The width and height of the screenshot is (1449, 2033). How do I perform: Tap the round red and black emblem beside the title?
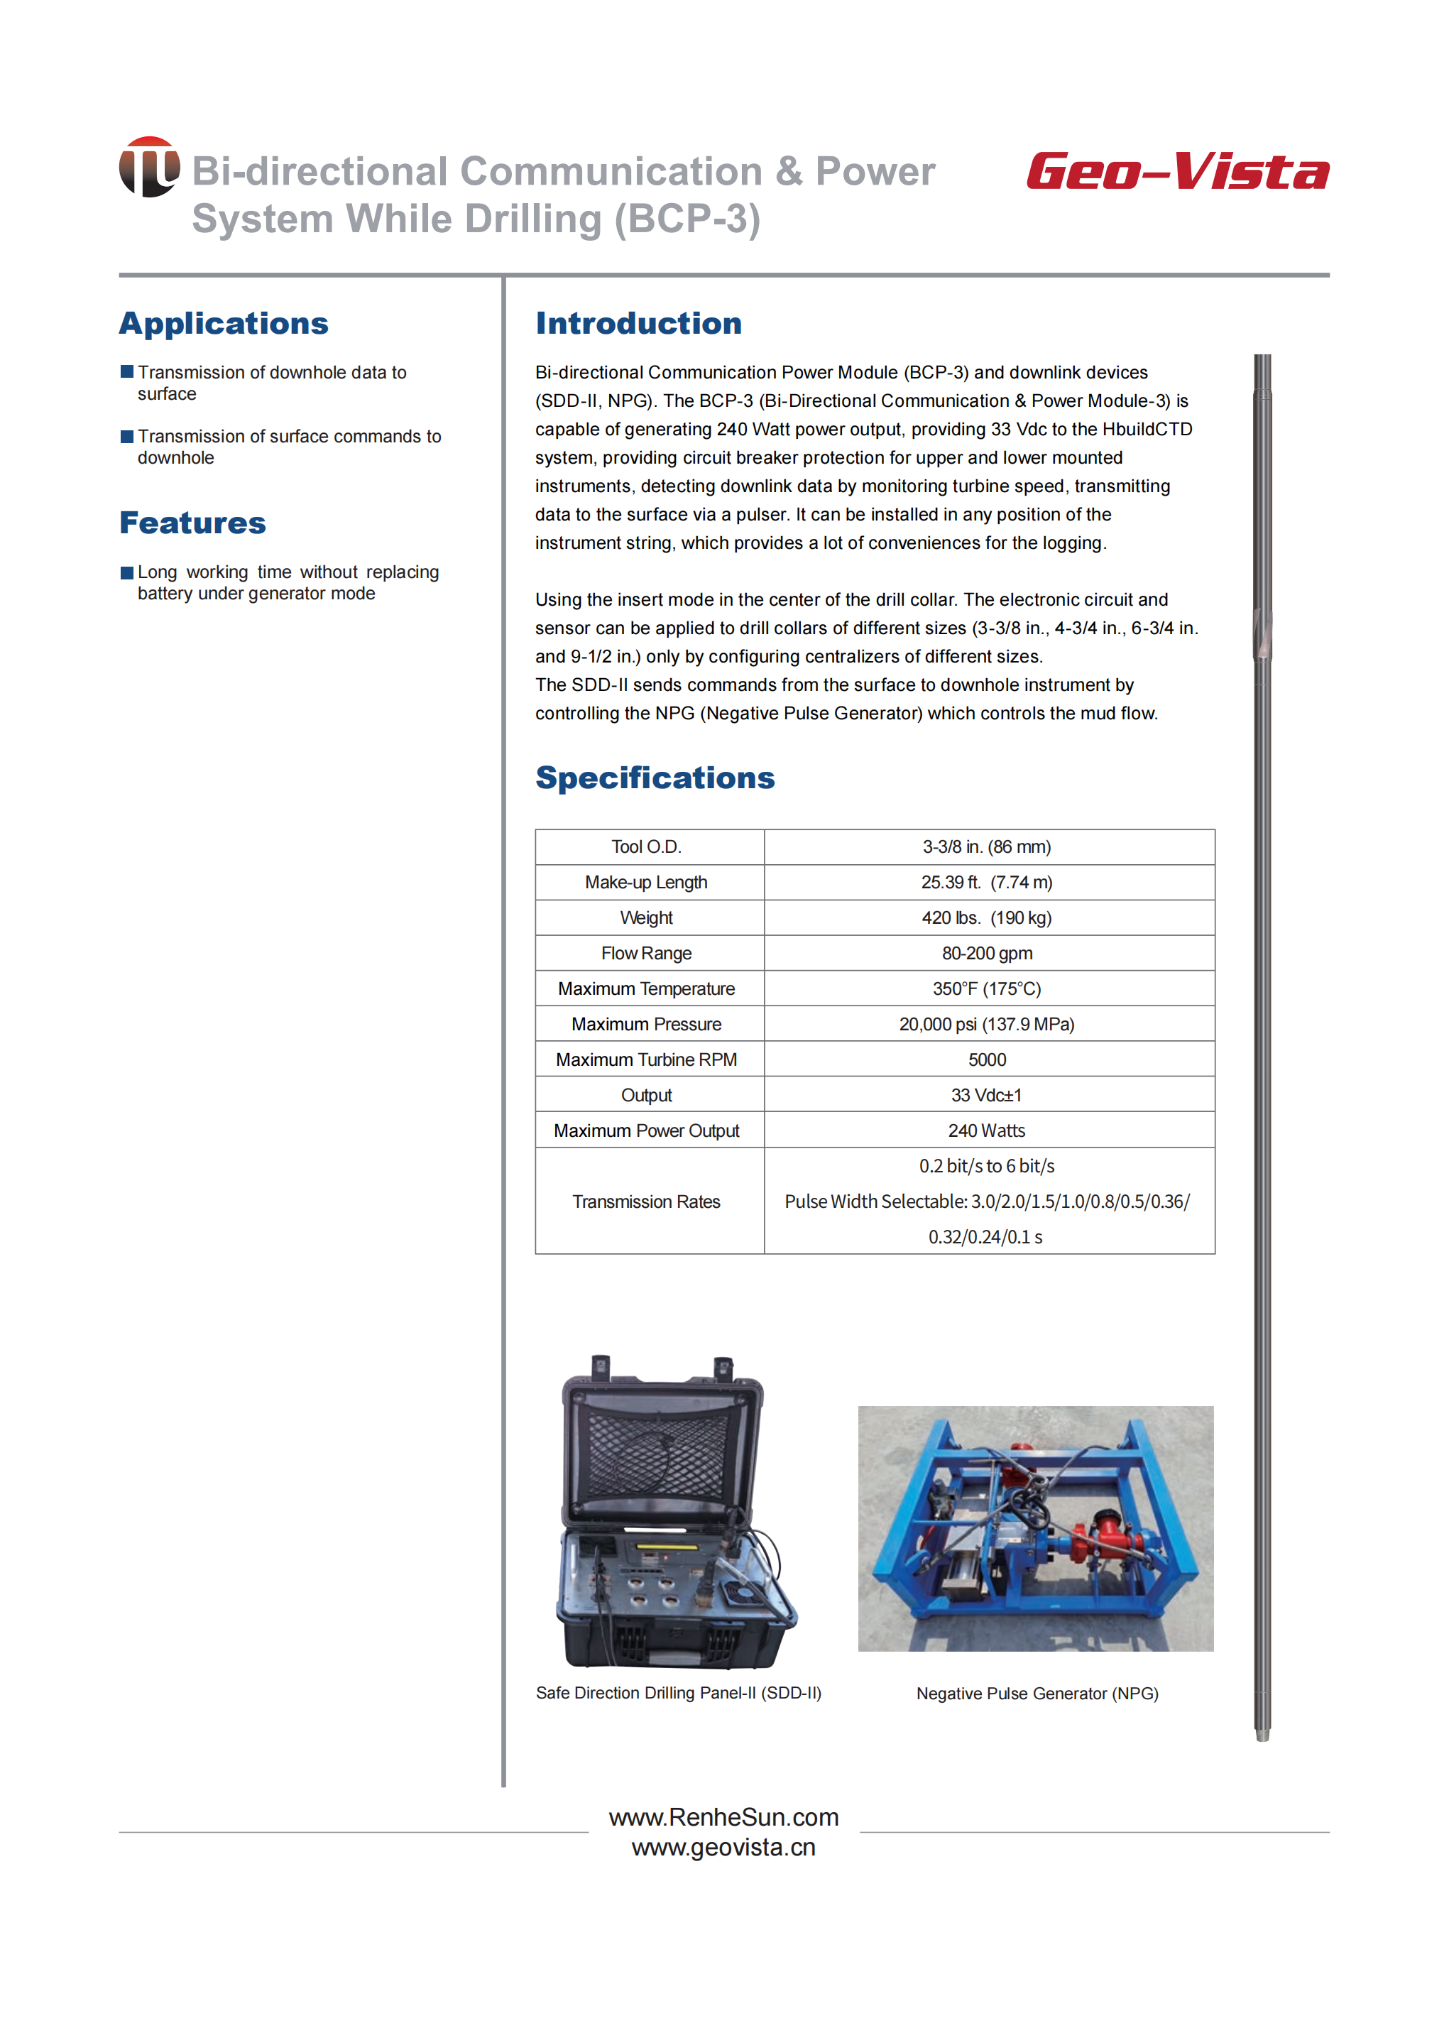[x=149, y=167]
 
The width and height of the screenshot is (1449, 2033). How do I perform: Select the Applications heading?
[x=224, y=323]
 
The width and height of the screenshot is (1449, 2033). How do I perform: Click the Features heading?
[x=192, y=523]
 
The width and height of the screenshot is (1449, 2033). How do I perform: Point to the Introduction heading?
[x=638, y=323]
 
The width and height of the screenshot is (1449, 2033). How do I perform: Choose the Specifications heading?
[x=655, y=778]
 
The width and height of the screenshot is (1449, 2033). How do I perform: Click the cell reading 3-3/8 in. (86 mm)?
[x=986, y=847]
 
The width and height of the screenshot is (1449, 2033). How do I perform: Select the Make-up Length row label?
[x=646, y=883]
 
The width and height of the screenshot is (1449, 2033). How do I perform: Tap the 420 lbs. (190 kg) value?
[x=986, y=917]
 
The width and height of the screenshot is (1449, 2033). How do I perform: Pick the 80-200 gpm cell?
[x=986, y=953]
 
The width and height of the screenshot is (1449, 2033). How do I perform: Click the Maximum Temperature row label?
[x=646, y=989]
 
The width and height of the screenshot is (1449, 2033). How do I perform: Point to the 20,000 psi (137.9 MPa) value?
[x=986, y=1025]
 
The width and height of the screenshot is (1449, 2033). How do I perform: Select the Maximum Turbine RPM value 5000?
[x=986, y=1059]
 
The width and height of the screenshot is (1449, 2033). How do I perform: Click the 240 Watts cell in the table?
[x=986, y=1130]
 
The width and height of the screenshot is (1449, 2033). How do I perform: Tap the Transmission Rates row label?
[x=646, y=1202]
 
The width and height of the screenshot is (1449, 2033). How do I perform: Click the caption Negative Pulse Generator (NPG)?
[x=1037, y=1694]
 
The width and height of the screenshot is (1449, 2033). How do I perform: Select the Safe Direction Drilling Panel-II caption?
[x=678, y=1693]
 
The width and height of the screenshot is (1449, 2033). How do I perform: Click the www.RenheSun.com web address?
[x=723, y=1817]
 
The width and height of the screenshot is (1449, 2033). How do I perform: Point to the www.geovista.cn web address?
[x=723, y=1848]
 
